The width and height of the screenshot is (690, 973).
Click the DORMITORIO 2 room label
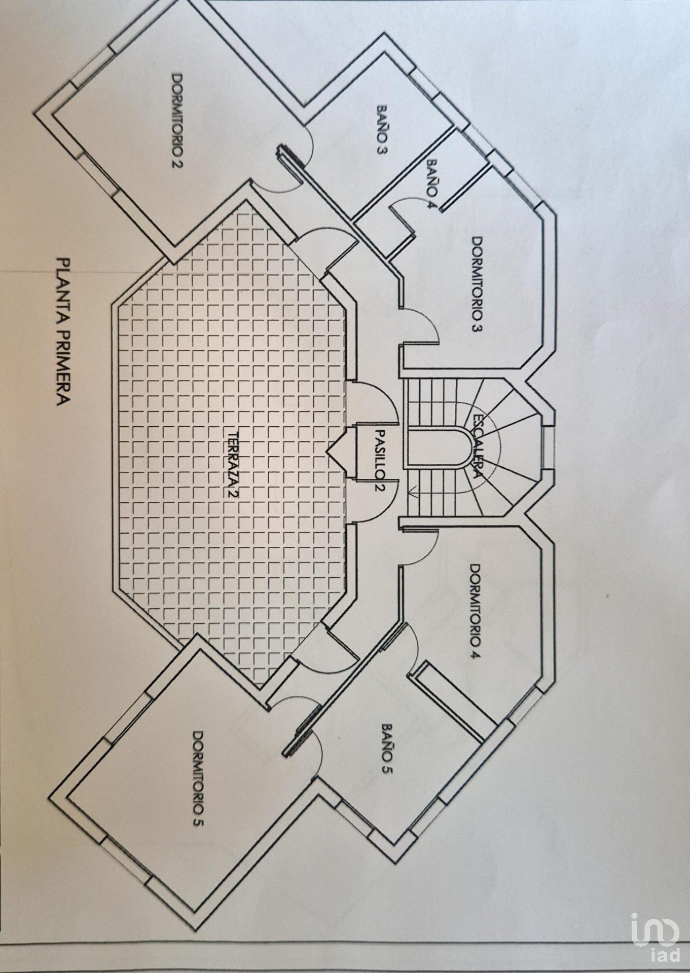pyautogui.click(x=178, y=122)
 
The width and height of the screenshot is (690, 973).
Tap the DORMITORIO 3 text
pyautogui.click(x=477, y=284)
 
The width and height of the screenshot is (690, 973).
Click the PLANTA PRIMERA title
pyautogui.click(x=63, y=332)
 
